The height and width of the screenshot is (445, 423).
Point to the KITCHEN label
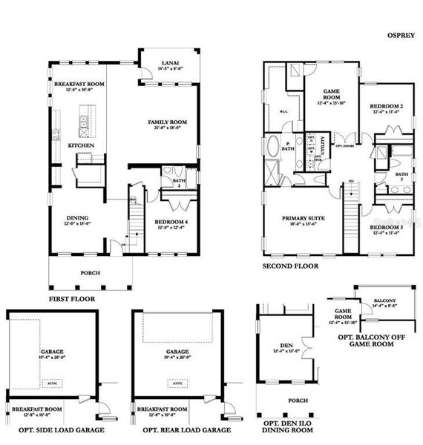80,145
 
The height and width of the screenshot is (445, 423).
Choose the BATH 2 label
179,181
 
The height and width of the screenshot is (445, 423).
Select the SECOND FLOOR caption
290,266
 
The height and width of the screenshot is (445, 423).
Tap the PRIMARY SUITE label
300,218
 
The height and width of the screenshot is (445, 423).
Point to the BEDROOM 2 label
387,107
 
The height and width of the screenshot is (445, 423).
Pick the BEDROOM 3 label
387,228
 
